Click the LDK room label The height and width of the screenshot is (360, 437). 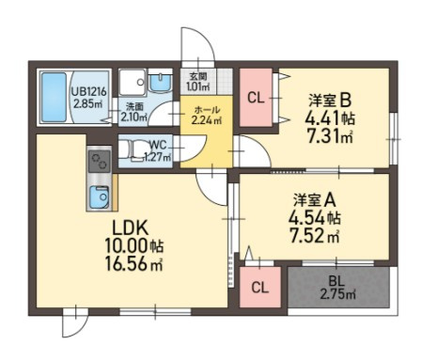point(130,228)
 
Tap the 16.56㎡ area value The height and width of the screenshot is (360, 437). point(133,264)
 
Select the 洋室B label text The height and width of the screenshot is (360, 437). point(330,101)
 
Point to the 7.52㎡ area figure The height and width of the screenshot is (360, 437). point(315,236)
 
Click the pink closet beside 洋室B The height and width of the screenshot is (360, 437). point(256,98)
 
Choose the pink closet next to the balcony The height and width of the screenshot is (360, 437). point(260,287)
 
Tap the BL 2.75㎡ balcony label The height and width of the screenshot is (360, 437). point(337,288)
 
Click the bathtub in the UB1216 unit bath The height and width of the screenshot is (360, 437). point(55,97)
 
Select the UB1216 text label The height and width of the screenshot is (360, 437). point(89,92)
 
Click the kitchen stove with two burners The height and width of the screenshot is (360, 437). point(100,162)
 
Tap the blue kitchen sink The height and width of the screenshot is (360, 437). point(100,197)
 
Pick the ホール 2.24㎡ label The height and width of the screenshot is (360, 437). point(207,115)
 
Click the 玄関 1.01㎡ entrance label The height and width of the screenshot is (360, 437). point(198,81)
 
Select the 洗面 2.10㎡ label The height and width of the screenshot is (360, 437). point(134,112)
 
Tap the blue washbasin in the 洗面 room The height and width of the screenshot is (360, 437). point(160,83)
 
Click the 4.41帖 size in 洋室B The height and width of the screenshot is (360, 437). point(330,118)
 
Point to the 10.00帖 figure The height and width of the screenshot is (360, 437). point(133,246)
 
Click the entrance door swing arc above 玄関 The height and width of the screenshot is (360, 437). point(207,39)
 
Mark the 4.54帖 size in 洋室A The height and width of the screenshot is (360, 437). point(315,218)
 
